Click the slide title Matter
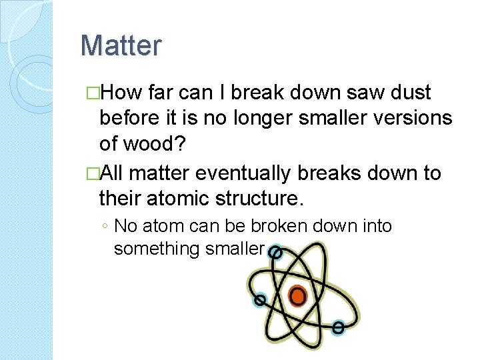click(121, 46)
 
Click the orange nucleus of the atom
click(298, 295)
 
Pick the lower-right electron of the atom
click(338, 327)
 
